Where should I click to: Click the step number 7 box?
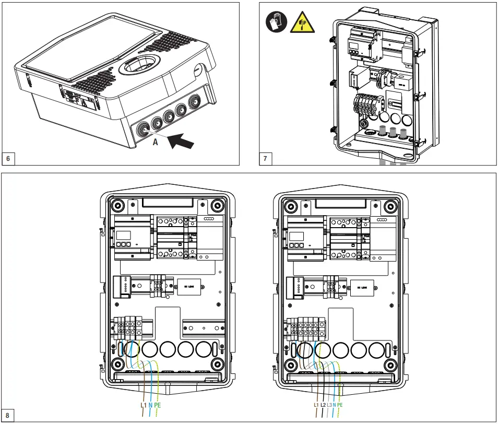(266, 158)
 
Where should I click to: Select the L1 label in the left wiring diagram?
(144, 405)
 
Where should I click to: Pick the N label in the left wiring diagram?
(150, 405)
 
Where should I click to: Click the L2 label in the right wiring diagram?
(323, 405)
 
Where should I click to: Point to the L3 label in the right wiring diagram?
(329, 405)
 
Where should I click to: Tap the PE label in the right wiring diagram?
(340, 405)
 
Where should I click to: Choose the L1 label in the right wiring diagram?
(316, 405)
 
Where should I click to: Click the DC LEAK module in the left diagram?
(189, 286)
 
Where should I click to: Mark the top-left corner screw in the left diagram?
(117, 205)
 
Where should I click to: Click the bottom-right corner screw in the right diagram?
(390, 363)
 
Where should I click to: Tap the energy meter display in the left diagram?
(125, 235)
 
